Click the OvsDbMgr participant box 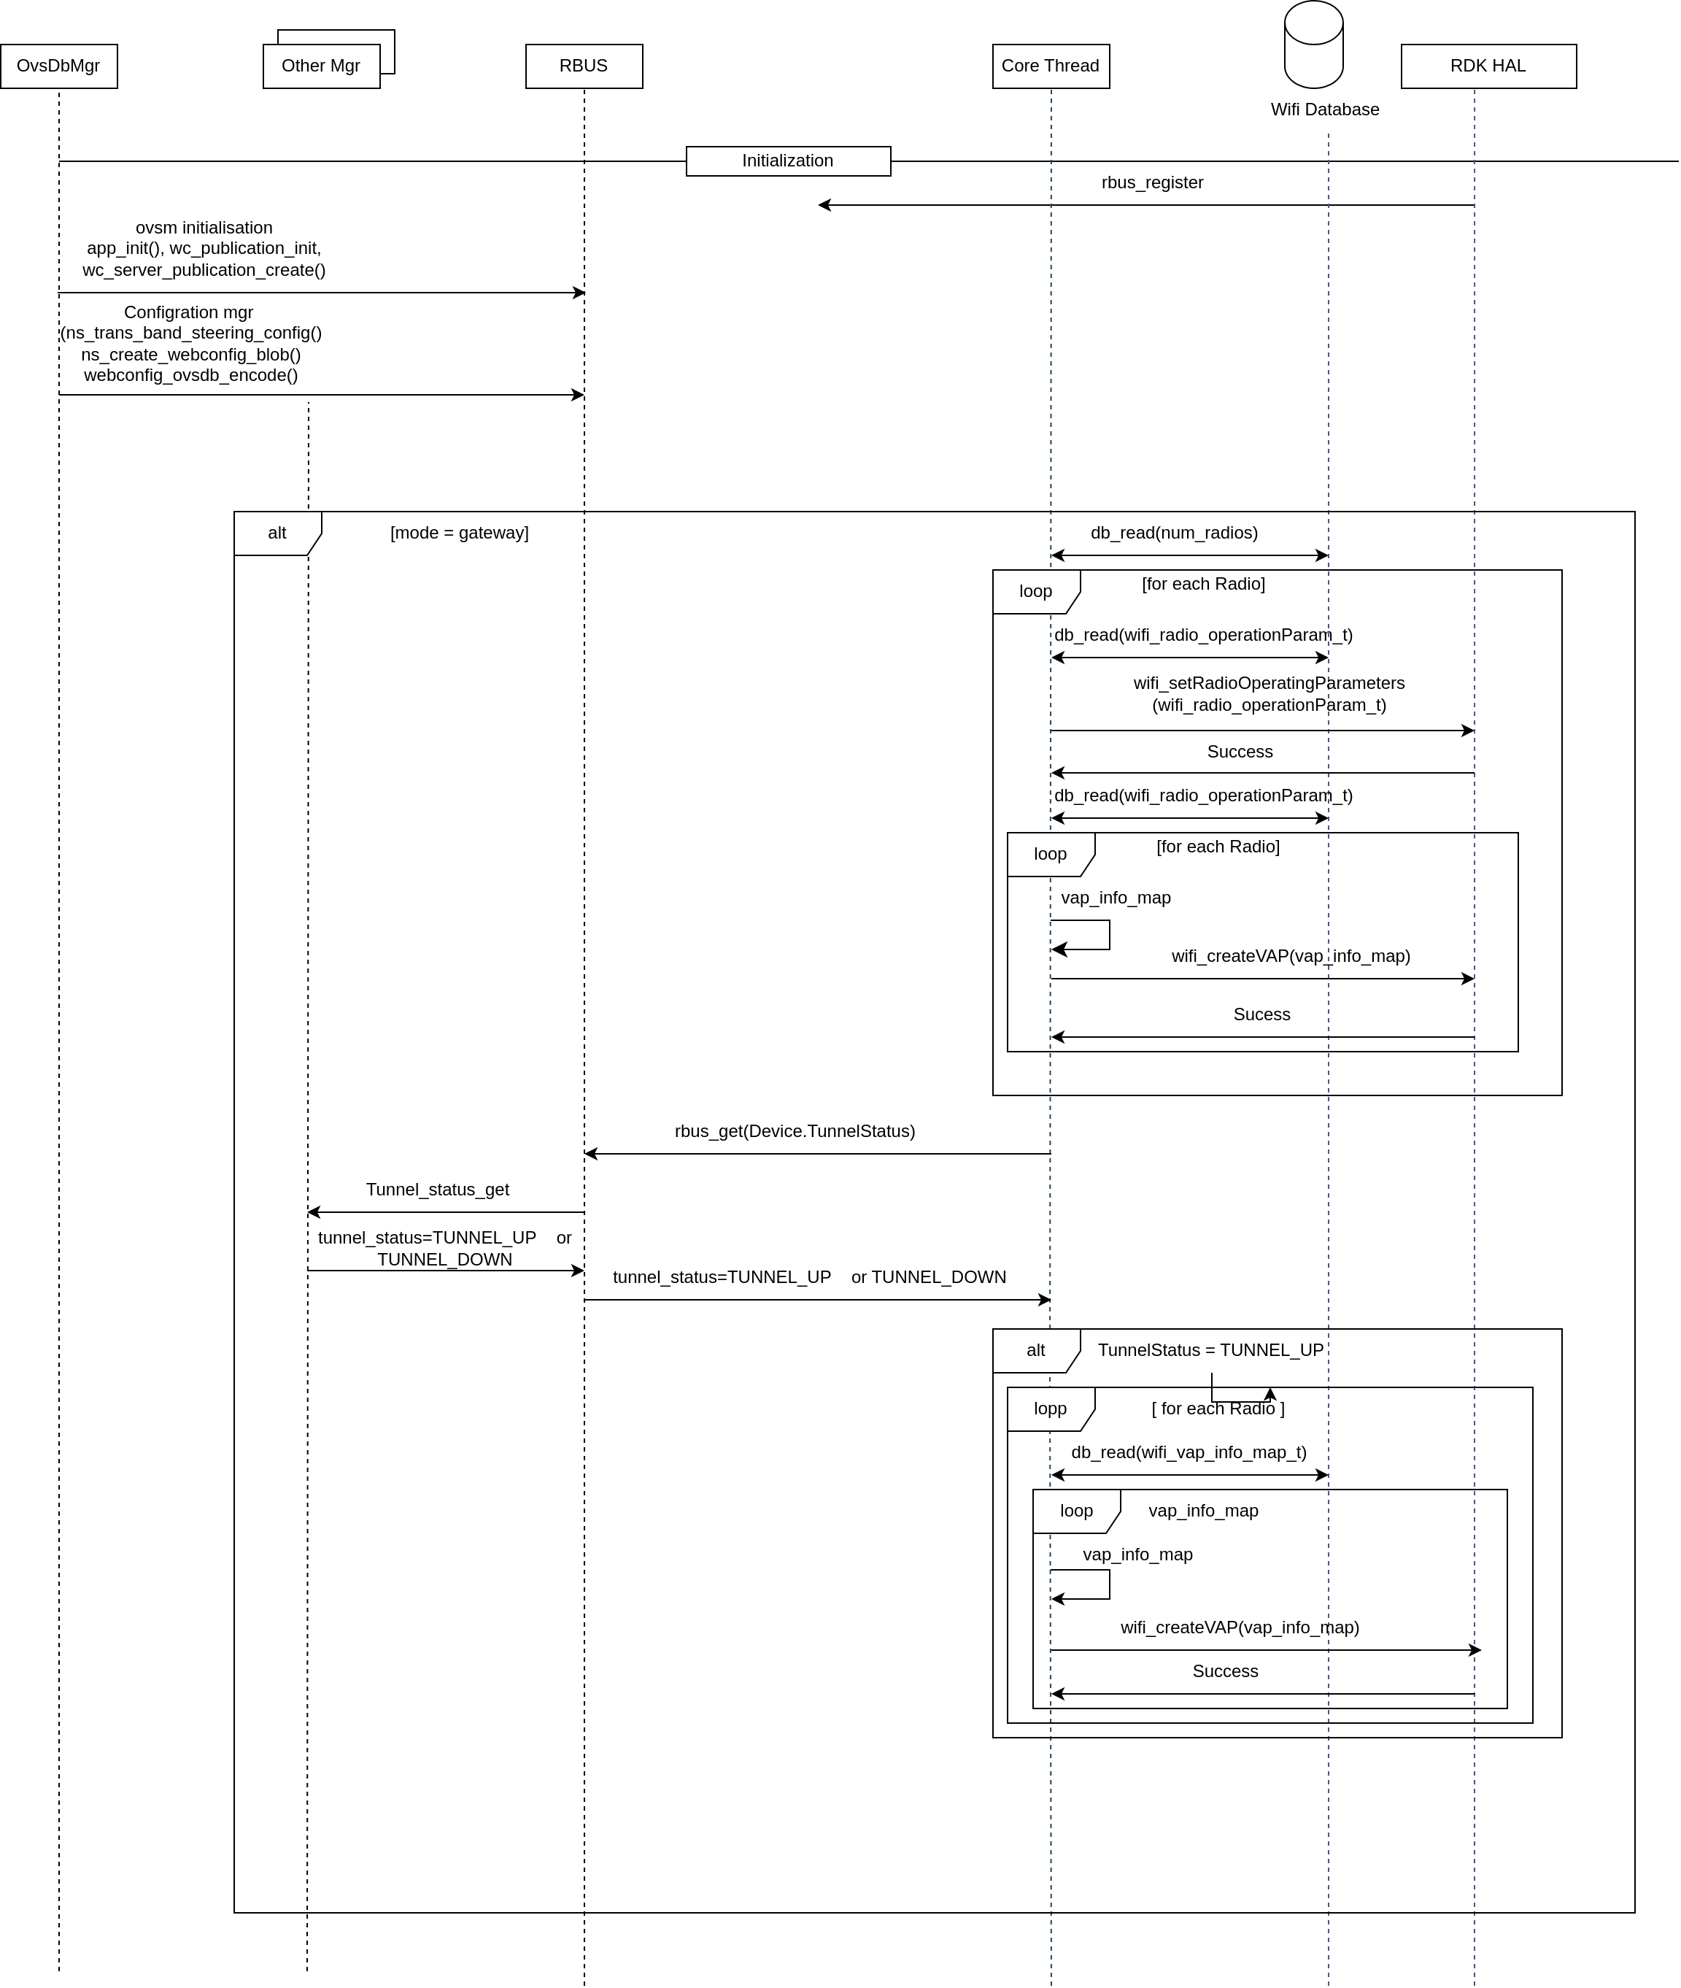tap(58, 66)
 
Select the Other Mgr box tap(321, 66)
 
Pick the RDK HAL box tap(1488, 66)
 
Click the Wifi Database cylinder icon tap(1313, 45)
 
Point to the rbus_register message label tap(1152, 182)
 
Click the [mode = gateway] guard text tap(460, 533)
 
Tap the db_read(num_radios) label tap(1174, 533)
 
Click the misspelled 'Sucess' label tap(1261, 1014)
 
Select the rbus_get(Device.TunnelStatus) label tap(795, 1131)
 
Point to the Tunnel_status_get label tap(438, 1190)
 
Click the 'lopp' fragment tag tap(1050, 1409)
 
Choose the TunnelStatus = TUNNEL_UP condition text tap(1210, 1350)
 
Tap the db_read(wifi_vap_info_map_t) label tap(1189, 1452)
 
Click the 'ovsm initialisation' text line tap(204, 228)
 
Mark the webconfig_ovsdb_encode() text tap(190, 376)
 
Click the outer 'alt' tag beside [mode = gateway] tap(277, 533)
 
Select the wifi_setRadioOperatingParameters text tap(1268, 683)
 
